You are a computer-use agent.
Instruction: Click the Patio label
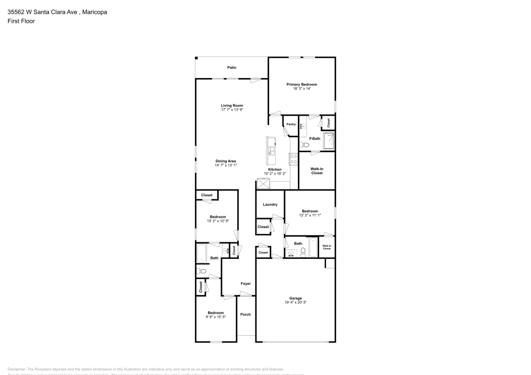(232, 67)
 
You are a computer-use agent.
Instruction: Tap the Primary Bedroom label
(302, 84)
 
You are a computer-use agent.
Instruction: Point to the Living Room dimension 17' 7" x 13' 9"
(232, 110)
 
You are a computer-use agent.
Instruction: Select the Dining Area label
(226, 161)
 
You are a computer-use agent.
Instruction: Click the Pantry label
(291, 124)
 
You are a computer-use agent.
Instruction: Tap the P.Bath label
(315, 138)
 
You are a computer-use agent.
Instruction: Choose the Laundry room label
(270, 204)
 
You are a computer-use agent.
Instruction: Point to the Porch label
(245, 315)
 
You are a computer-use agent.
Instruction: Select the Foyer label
(245, 284)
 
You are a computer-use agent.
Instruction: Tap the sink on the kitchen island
(271, 147)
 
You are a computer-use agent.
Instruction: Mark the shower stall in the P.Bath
(330, 141)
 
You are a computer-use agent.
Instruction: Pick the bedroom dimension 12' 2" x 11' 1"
(310, 215)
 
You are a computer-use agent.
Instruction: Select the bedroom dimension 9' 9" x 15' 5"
(216, 317)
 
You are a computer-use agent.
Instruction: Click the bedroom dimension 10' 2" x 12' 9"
(218, 221)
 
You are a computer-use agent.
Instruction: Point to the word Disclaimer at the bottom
(16, 369)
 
